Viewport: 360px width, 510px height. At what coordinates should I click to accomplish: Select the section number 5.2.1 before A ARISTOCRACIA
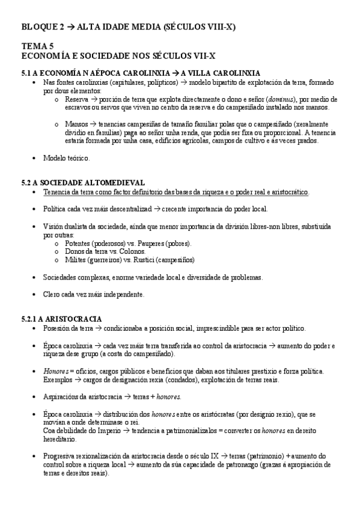31,318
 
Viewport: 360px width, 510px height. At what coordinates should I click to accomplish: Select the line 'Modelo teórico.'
66,158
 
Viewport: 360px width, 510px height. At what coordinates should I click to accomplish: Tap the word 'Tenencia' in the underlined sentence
58,191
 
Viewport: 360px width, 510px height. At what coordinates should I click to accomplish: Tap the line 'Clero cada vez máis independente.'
94,295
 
